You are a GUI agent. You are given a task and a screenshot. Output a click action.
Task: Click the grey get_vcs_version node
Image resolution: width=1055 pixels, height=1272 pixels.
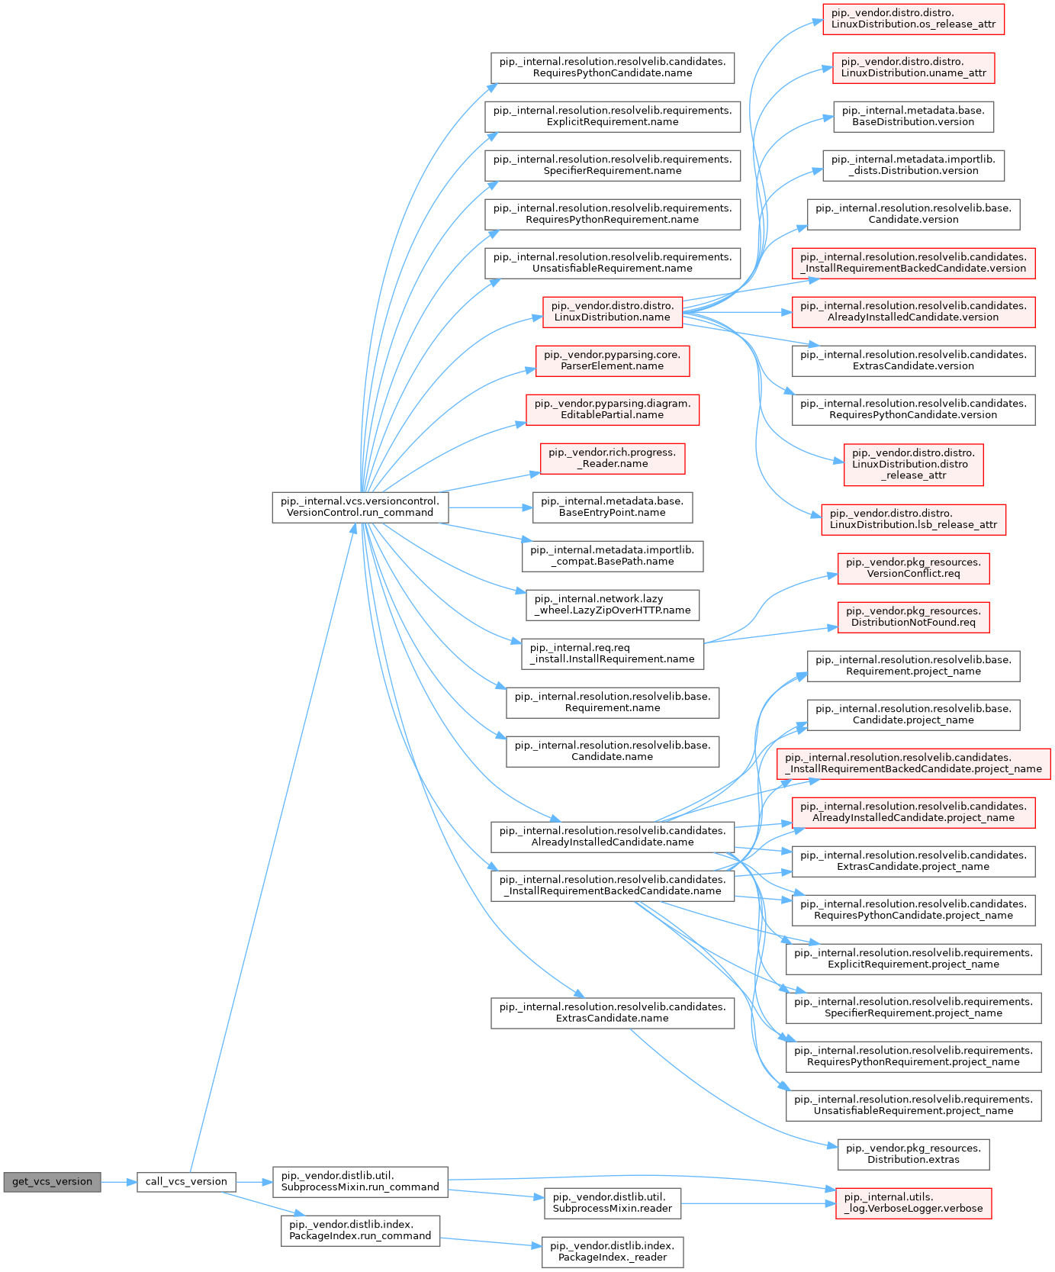coord(52,1181)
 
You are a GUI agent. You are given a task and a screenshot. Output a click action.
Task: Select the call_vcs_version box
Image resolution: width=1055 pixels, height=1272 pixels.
coord(186,1181)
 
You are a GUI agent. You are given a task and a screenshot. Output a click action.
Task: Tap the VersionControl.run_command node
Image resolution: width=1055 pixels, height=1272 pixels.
coord(360,507)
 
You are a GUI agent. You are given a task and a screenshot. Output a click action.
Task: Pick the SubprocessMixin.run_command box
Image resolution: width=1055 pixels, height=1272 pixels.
coord(360,1181)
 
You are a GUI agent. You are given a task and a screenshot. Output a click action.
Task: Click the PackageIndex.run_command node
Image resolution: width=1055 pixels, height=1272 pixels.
coord(360,1230)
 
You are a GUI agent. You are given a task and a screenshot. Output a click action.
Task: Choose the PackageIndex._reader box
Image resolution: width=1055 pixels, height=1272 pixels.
coord(613,1251)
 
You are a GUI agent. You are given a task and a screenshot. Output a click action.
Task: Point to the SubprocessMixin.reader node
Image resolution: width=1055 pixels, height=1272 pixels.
coord(613,1203)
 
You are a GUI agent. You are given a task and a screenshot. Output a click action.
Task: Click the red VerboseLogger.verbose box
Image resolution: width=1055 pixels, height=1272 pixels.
coord(914,1203)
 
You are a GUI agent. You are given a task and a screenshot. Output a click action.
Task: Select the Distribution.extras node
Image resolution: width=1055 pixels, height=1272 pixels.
coord(914,1154)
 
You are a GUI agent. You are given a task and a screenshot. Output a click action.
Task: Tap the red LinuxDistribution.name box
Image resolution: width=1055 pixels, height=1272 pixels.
coord(613,311)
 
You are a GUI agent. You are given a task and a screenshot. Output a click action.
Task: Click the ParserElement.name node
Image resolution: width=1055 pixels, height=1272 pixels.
coord(613,360)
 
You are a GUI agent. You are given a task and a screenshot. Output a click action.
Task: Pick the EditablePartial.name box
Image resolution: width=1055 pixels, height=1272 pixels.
coord(613,409)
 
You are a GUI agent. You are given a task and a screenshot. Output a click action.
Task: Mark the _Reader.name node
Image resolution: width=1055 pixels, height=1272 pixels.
coord(613,458)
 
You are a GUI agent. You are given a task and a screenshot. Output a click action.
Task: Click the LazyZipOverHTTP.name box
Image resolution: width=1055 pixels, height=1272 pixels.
coord(613,604)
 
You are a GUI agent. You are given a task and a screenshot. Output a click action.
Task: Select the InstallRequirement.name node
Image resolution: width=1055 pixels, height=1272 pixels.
coord(613,653)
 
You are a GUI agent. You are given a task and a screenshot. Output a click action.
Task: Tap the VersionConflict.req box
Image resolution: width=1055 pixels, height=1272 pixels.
coord(914,568)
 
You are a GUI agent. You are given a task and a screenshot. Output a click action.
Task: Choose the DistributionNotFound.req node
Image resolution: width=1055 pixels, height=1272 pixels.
coord(914,617)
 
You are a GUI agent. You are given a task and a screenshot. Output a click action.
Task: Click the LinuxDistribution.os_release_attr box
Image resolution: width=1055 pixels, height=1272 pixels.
coord(914,18)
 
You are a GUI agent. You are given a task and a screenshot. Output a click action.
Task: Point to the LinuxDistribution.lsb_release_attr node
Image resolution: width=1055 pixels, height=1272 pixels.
coord(914,519)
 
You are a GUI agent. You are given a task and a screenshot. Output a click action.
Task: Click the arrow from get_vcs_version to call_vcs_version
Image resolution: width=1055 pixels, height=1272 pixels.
coord(119,1181)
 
